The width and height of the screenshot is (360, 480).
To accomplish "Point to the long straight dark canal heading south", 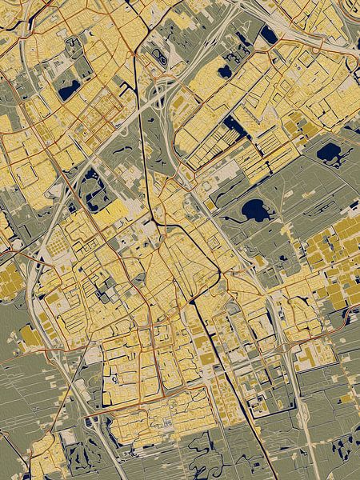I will (212, 344).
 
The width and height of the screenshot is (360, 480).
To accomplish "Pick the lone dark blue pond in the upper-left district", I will (69, 87).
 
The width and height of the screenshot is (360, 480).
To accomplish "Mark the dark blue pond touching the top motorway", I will (268, 35).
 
